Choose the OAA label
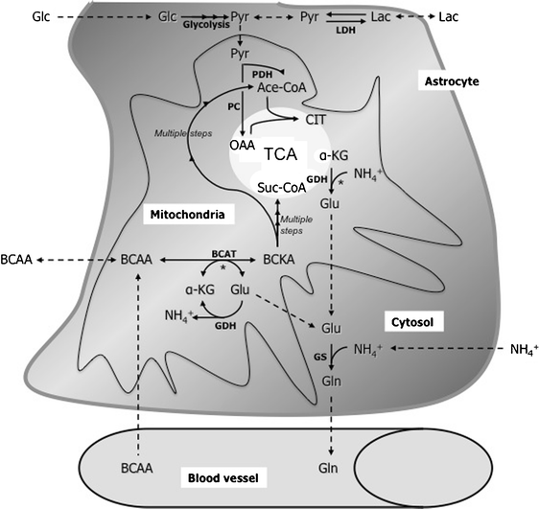point(244,146)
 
